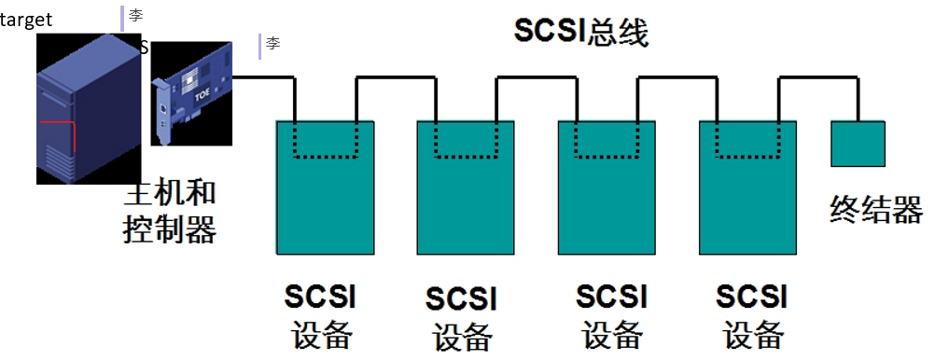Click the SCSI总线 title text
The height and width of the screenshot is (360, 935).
(x=581, y=31)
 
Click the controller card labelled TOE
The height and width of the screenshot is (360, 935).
(x=191, y=93)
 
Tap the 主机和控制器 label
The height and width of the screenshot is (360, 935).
(x=170, y=210)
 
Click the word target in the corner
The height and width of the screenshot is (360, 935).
(x=26, y=20)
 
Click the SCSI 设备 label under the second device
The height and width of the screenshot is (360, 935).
(x=462, y=317)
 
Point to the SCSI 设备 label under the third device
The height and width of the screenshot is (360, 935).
(x=611, y=315)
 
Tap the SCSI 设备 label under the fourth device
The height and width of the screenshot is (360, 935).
(x=752, y=315)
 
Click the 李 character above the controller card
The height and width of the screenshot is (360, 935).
(x=272, y=44)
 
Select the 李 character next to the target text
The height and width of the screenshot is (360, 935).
(x=135, y=16)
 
